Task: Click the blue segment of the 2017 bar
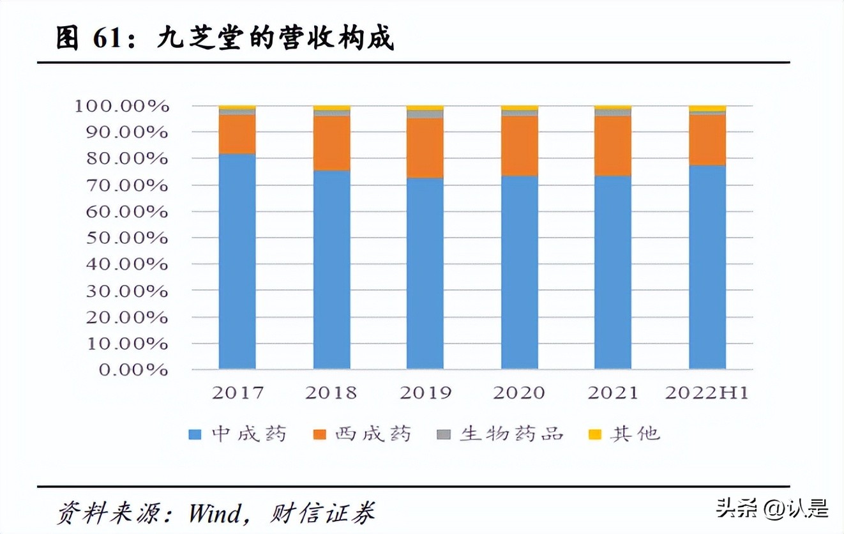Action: pyautogui.click(x=237, y=262)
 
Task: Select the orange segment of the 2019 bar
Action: pyautogui.click(x=425, y=148)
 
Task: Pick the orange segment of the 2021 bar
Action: pyautogui.click(x=612, y=146)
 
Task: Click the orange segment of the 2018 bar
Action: pyautogui.click(x=331, y=143)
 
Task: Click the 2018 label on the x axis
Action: pyautogui.click(x=331, y=393)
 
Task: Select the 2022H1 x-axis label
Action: pyautogui.click(x=706, y=393)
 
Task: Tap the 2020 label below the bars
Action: pyautogui.click(x=518, y=393)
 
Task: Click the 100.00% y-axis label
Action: pyautogui.click(x=121, y=106)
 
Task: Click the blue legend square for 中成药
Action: pyautogui.click(x=195, y=435)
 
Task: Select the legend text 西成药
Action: pyautogui.click(x=373, y=434)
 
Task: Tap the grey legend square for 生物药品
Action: pyautogui.click(x=444, y=435)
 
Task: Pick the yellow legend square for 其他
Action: pyautogui.click(x=594, y=435)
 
